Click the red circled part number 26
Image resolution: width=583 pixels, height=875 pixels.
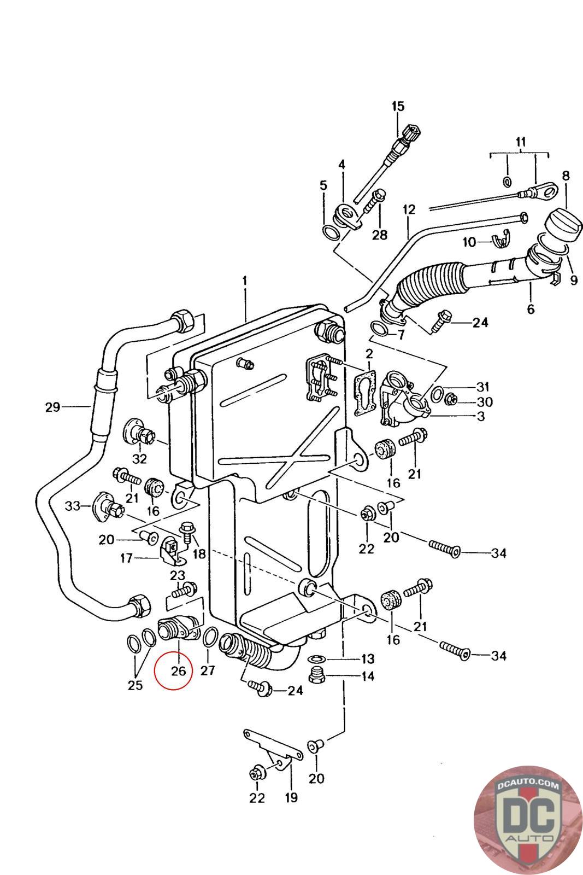click(x=178, y=670)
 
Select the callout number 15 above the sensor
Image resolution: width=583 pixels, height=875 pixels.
click(x=398, y=106)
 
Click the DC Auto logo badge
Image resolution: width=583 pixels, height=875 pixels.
click(x=528, y=820)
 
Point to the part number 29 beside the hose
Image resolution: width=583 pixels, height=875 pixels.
click(x=52, y=407)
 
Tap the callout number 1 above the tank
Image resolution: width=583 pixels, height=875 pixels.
click(x=245, y=281)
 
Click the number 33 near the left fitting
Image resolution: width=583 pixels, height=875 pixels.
click(x=72, y=506)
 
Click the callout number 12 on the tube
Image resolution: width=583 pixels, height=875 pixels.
click(x=409, y=210)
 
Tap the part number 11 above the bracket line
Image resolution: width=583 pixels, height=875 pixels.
click(x=521, y=142)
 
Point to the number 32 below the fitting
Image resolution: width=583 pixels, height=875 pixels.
click(x=139, y=459)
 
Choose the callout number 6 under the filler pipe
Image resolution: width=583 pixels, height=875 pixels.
click(x=531, y=309)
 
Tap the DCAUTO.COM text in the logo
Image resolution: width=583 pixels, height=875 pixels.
click(x=528, y=785)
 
